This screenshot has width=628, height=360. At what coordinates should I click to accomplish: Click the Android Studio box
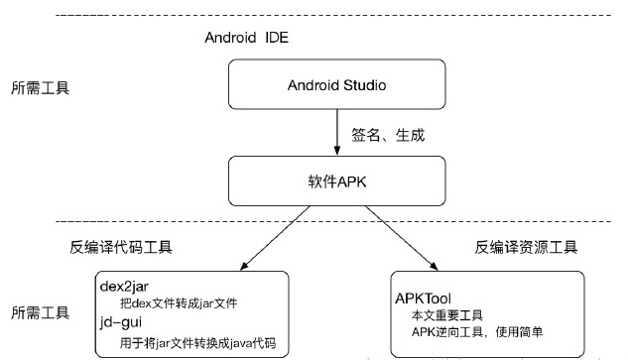coord(337,84)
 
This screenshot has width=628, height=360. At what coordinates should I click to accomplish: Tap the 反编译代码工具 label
coord(148,247)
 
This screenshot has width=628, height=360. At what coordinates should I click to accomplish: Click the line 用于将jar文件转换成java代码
coord(194,342)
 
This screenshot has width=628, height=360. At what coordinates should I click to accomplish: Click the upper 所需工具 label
coord(39,87)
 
